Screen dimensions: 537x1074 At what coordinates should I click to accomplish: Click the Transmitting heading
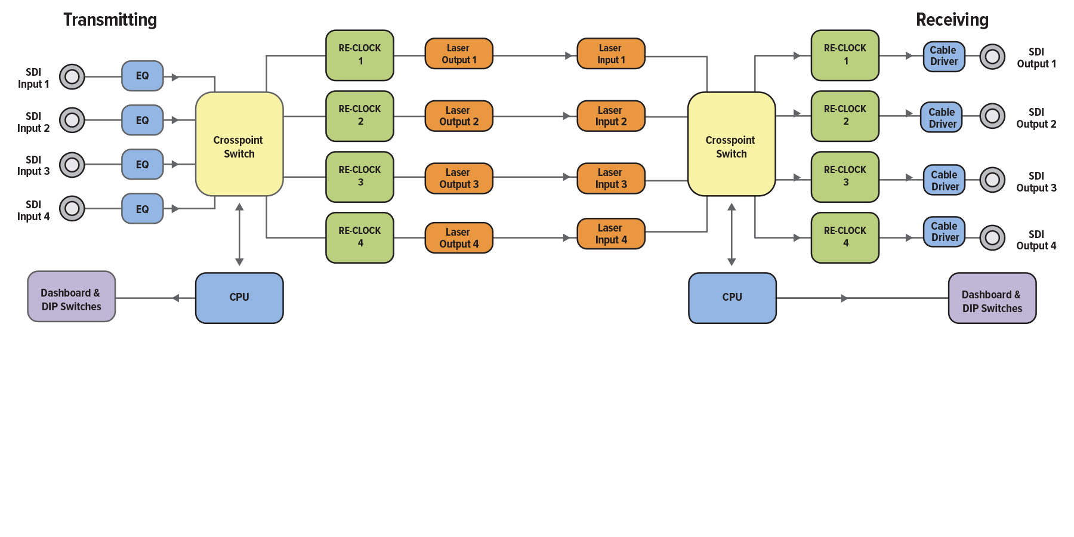pos(110,20)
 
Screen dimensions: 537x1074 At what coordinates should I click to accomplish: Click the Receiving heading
pos(952,20)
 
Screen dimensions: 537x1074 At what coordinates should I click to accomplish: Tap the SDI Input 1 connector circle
pos(72,76)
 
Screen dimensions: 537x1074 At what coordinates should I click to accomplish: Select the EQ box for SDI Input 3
pos(142,164)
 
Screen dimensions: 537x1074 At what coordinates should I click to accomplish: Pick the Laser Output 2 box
pos(459,116)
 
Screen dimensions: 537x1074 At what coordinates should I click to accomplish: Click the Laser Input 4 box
pos(611,233)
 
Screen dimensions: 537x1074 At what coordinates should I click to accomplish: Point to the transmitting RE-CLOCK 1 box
pos(360,55)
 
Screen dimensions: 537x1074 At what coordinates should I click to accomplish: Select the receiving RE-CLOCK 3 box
pos(845,177)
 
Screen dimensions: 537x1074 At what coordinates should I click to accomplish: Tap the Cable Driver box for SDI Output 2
pos(942,118)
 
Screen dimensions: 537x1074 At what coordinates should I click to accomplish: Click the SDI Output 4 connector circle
pos(992,237)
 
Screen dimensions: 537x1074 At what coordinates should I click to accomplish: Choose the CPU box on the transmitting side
pos(239,298)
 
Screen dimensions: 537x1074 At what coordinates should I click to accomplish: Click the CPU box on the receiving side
pos(732,298)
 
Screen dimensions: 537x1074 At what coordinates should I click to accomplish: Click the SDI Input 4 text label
pos(33,211)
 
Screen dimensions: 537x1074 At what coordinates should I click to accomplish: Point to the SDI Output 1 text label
pos(1036,58)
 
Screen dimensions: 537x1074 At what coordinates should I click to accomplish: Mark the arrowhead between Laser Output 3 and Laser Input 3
pos(566,177)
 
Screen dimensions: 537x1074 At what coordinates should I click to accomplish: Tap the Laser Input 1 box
pos(611,54)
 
